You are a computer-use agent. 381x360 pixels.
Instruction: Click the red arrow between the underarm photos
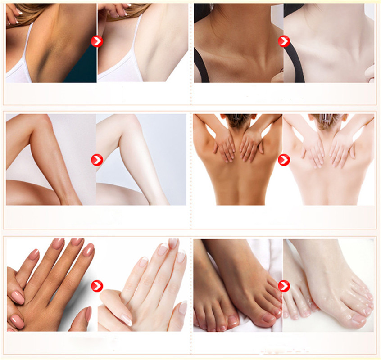coord(97,42)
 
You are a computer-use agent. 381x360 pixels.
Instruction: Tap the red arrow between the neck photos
coord(284,42)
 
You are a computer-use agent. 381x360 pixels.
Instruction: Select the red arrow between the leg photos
coord(97,160)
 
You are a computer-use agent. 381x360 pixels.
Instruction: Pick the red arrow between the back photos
coord(284,160)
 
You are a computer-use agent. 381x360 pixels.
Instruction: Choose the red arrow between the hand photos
coord(97,286)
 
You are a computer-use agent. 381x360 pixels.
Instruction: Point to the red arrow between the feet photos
coord(284,286)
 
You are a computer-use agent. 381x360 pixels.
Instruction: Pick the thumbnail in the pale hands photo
coord(127,320)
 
